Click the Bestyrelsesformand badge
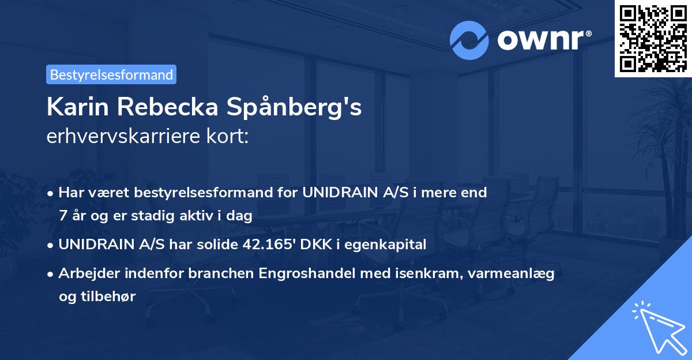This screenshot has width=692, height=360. point(111,74)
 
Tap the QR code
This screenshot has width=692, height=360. point(652,38)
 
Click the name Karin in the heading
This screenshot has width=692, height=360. point(74,108)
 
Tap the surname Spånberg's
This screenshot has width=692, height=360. point(295,108)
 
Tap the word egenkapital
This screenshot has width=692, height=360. point(392,245)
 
